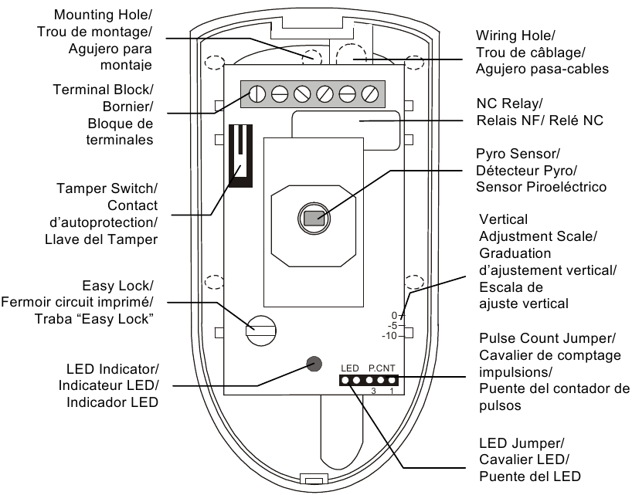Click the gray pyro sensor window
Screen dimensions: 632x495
(314, 219)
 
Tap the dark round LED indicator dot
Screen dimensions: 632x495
(314, 364)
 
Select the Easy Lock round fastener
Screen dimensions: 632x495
(261, 331)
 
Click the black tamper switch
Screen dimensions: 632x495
(240, 156)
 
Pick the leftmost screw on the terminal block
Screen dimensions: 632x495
(257, 94)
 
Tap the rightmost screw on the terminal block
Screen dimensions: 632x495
(369, 94)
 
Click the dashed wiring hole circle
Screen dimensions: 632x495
(351, 54)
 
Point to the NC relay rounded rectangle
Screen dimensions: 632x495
(346, 131)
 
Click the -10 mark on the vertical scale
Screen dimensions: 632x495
(389, 336)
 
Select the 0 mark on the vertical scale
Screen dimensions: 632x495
(394, 315)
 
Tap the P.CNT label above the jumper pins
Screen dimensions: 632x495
(382, 368)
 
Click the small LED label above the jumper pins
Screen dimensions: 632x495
(349, 368)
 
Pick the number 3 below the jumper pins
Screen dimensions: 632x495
(374, 391)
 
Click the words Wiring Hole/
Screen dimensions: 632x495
(515, 36)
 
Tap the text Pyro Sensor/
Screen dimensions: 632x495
(518, 154)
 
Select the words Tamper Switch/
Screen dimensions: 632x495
(107, 188)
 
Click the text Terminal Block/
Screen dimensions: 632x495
(103, 90)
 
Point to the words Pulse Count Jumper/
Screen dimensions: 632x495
(547, 338)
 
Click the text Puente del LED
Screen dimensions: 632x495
(530, 476)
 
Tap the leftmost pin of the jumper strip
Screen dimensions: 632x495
(345, 380)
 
